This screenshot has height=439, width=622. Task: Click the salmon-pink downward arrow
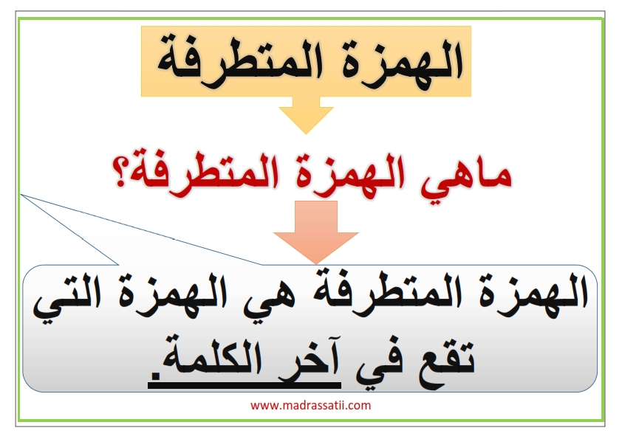[315, 232]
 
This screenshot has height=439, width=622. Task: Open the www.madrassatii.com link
[310, 405]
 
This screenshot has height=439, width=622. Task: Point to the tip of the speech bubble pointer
[21, 195]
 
